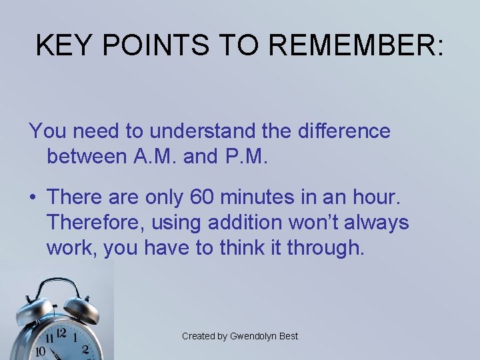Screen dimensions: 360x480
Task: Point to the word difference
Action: tap(342, 131)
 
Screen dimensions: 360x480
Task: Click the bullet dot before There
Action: tap(32, 198)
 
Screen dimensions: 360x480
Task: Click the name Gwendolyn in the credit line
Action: tap(253, 336)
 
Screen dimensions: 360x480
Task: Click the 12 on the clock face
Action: tap(61, 333)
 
